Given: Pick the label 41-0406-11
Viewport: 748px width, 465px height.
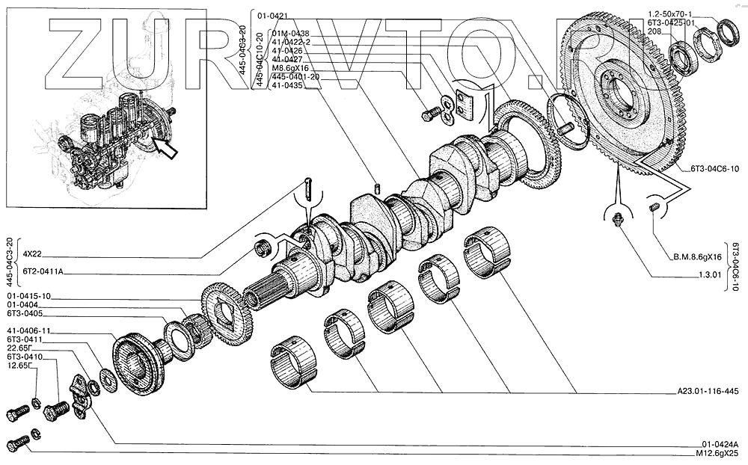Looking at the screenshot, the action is (29, 330).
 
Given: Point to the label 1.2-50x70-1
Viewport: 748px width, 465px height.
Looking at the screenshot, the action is (670, 14).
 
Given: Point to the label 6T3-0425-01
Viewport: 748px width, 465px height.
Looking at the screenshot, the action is (672, 23).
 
